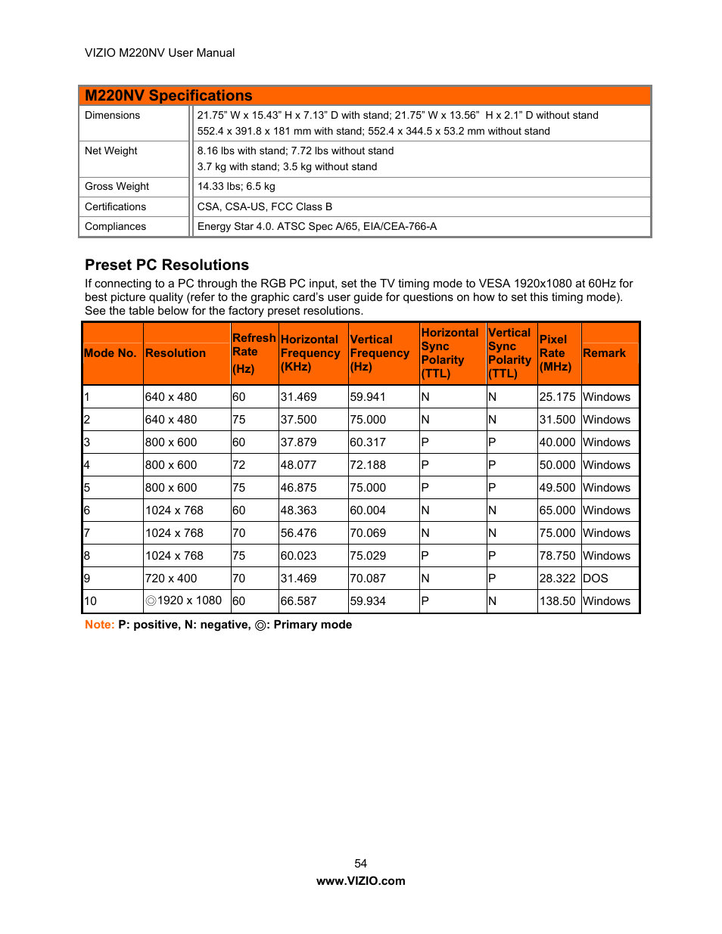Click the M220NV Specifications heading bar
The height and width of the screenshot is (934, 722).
coord(364,95)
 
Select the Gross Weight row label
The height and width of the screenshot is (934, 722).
coord(117,187)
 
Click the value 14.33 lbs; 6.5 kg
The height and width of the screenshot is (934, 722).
coord(236,187)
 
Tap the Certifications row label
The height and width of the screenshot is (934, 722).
coord(115,206)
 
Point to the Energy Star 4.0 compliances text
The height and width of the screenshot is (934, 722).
coord(316,226)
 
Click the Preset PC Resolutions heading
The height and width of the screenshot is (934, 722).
coord(166,265)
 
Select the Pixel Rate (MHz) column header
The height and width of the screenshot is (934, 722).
coord(556,353)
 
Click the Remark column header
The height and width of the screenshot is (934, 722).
coord(604,353)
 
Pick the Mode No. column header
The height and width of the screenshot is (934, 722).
coord(110,353)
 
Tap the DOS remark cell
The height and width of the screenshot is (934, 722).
coord(595,579)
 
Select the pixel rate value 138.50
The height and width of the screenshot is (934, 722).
coord(557,601)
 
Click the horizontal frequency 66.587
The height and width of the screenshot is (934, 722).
coord(298,601)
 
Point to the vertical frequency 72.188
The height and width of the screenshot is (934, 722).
coord(368,465)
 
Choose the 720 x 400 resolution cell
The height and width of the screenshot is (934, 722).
coord(171,579)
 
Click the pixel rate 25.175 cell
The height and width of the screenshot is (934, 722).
coord(557,397)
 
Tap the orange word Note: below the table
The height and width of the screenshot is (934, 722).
coord(99,625)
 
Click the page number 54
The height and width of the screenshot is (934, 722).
coord(360,864)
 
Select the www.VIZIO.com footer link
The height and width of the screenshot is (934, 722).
coord(360,881)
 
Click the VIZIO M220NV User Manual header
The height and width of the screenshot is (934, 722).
coord(160,53)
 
